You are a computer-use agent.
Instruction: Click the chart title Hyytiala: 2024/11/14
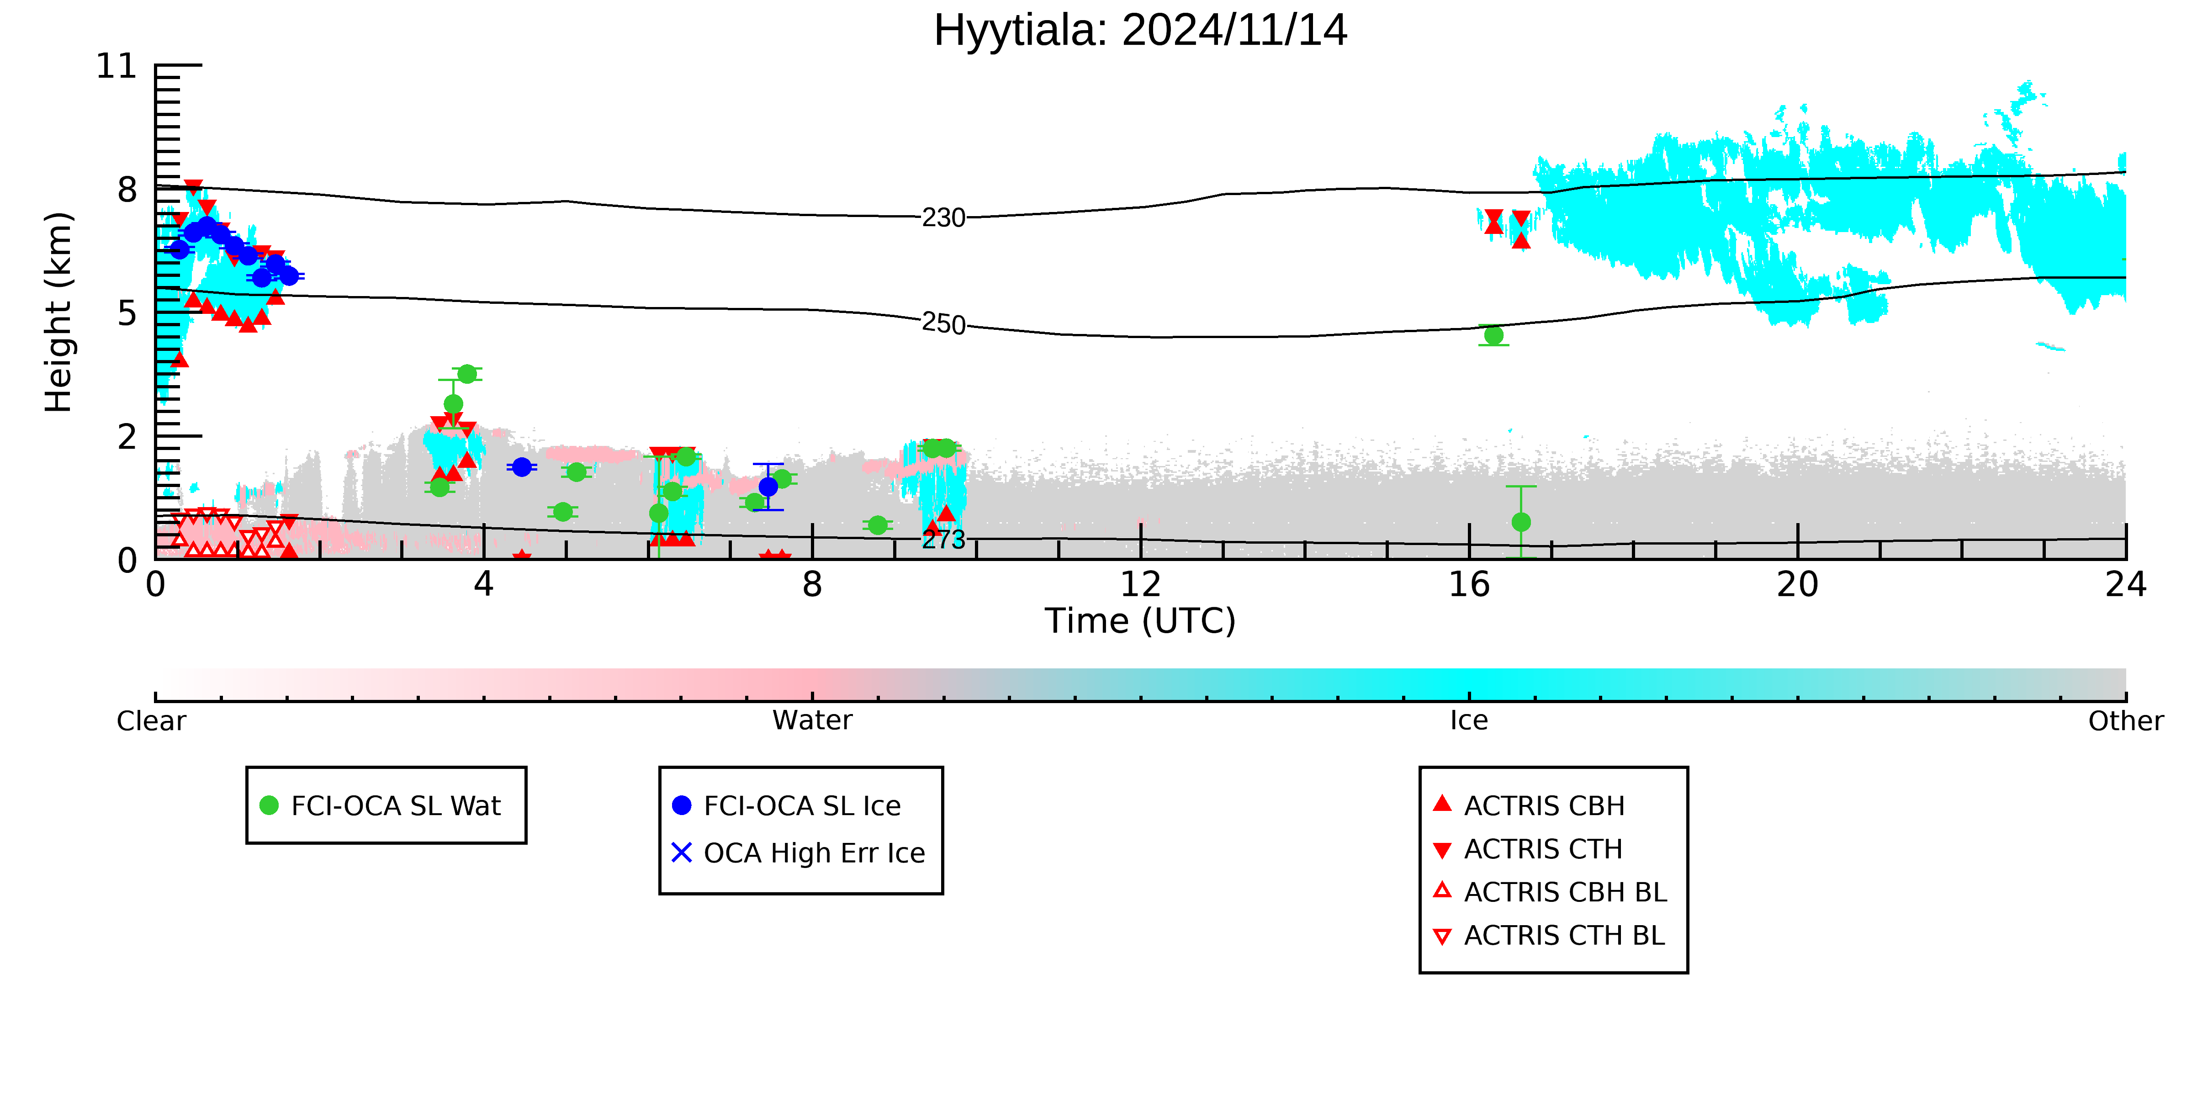point(1140,31)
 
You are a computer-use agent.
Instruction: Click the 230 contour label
point(944,218)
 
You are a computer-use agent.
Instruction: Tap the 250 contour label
point(944,323)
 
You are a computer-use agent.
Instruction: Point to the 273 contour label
point(944,539)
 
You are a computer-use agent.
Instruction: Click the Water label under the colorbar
point(812,721)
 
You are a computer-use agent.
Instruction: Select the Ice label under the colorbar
point(1469,721)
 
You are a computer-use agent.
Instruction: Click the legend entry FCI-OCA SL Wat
point(381,805)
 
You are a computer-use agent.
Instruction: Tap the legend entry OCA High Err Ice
point(798,852)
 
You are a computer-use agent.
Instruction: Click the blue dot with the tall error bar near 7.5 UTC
point(768,487)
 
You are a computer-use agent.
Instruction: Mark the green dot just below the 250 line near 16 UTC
point(1493,335)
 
